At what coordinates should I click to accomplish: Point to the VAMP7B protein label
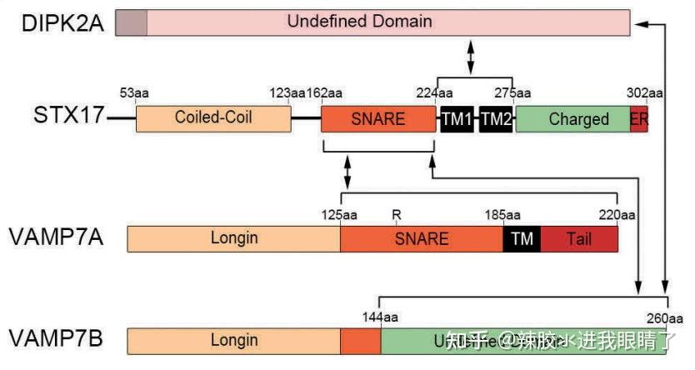coord(57,339)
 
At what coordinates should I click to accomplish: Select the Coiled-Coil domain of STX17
coord(213,118)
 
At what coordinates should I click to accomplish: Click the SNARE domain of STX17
coord(378,118)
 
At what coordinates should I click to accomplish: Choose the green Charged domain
coord(573,119)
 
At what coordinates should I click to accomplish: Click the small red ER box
coord(639,119)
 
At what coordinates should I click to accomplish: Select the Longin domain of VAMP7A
coord(233,238)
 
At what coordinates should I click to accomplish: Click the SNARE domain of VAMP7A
coord(421,238)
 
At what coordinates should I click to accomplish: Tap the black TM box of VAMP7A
coord(522,238)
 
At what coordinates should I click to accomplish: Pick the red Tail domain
coord(579,238)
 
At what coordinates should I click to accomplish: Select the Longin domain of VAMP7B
coord(233,340)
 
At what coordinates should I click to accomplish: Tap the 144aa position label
coord(380,317)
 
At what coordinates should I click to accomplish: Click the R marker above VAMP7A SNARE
coord(397,215)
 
